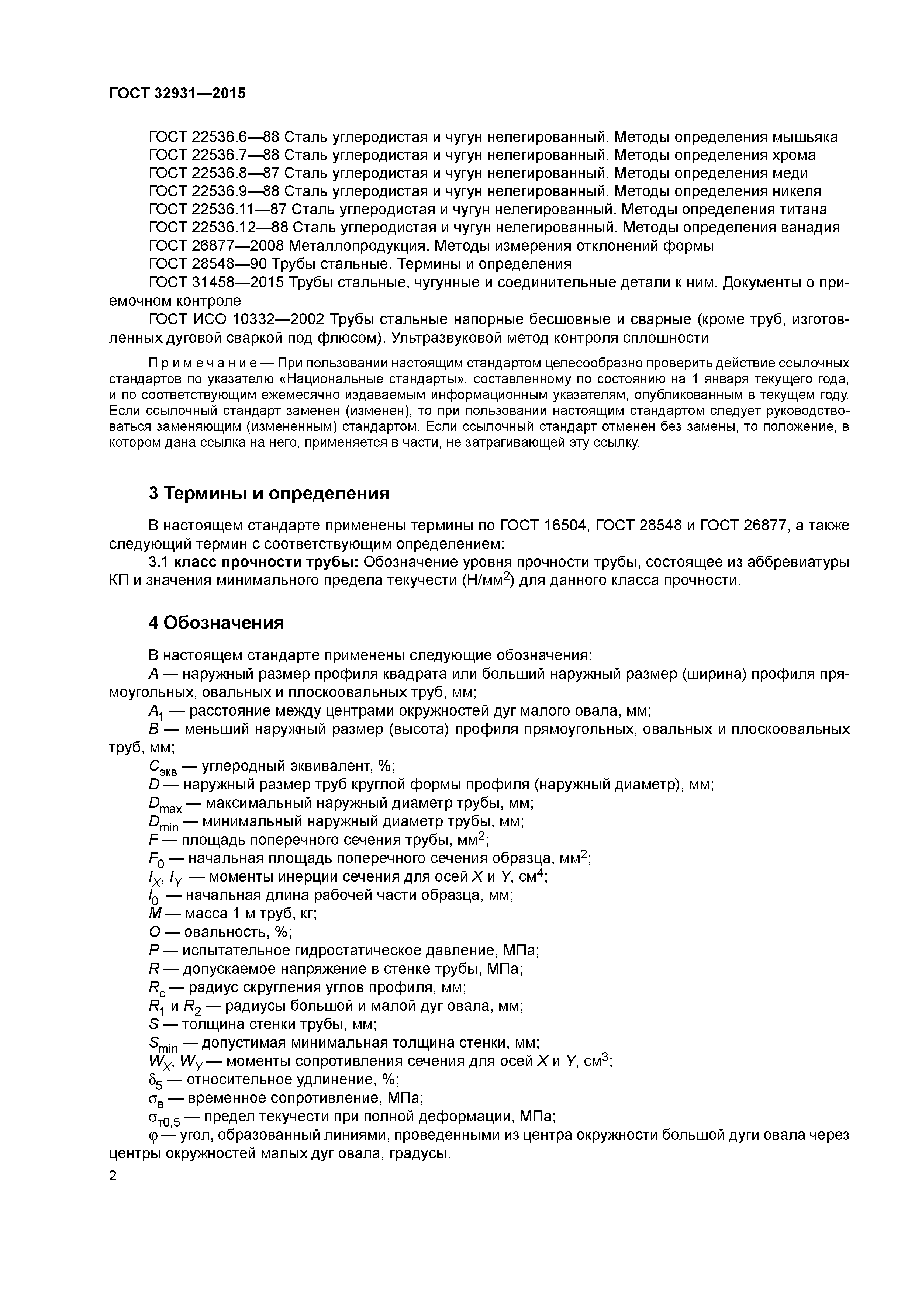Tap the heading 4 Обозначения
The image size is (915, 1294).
[x=216, y=623]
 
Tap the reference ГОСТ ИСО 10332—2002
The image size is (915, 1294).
[x=236, y=319]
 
